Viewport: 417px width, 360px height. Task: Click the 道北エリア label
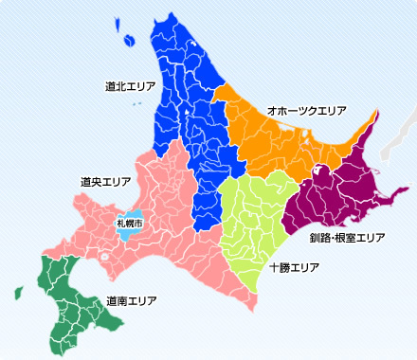(x=131, y=86)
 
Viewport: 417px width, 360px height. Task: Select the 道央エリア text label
(x=106, y=180)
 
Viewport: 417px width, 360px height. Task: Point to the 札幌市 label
(x=129, y=223)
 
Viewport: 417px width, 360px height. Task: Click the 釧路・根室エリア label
(x=347, y=237)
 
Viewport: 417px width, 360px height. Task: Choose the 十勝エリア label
(x=294, y=268)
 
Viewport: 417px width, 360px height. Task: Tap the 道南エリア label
(x=131, y=300)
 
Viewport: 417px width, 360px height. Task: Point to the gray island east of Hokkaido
(x=393, y=137)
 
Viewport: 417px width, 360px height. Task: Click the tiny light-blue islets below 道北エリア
(x=139, y=103)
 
